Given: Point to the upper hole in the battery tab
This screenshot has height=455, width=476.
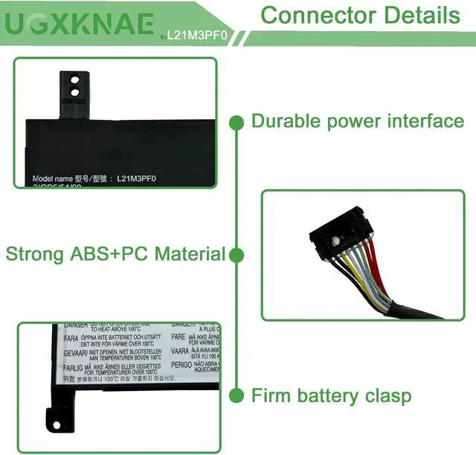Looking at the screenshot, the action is coord(74,77).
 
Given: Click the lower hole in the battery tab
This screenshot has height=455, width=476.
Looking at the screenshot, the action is coord(74,92).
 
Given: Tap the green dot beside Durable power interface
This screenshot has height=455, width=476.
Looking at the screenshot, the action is coord(237,121).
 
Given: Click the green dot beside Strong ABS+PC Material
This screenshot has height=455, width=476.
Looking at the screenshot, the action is coord(237,255).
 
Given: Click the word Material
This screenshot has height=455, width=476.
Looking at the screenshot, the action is coord(190,254).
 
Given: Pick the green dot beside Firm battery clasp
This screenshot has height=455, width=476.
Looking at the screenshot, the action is coord(237,395).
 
